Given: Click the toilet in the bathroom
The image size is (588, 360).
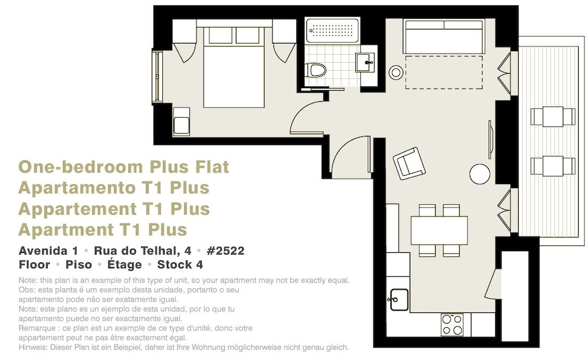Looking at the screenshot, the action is click(x=315, y=70).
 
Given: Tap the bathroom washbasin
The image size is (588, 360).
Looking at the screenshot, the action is click(x=365, y=62).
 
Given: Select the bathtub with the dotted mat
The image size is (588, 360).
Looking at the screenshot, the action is click(x=332, y=31).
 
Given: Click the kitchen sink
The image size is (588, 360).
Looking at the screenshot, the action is click(x=399, y=299).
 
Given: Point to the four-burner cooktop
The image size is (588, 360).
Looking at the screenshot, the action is click(x=452, y=325).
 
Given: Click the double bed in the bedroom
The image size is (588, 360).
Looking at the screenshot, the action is click(x=234, y=66).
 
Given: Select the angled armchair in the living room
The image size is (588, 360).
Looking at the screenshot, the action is click(x=409, y=164).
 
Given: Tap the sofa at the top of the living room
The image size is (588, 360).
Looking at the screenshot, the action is click(x=444, y=36).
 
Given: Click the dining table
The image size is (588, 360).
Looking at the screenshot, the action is click(x=439, y=231).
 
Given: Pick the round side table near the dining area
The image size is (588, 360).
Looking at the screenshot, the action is click(x=480, y=174).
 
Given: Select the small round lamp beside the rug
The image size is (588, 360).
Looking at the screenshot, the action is click(x=396, y=72).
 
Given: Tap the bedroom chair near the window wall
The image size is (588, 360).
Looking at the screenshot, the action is click(x=182, y=122).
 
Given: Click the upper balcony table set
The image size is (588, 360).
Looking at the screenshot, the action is click(x=553, y=116).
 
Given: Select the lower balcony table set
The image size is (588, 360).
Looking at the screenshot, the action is click(x=553, y=166).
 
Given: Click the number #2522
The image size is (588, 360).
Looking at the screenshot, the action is click(x=225, y=251).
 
